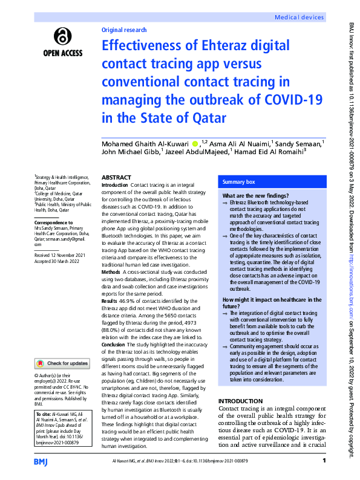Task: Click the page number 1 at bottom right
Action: coord(324,461)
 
